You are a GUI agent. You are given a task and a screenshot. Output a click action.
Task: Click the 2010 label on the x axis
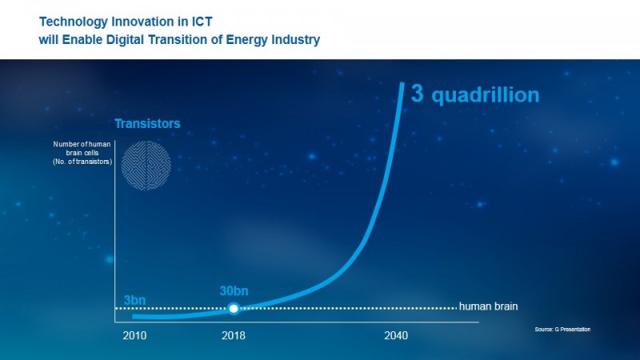click(x=134, y=335)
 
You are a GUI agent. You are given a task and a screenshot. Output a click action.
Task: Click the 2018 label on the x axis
click(x=234, y=335)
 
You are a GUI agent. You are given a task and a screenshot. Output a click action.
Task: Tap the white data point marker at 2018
click(x=233, y=308)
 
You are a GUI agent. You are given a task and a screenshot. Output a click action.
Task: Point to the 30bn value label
click(x=233, y=290)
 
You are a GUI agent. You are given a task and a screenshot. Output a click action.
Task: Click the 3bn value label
click(x=134, y=301)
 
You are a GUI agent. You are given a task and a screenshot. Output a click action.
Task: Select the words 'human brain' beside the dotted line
click(x=490, y=306)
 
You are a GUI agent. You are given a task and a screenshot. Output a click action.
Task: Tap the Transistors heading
click(x=147, y=124)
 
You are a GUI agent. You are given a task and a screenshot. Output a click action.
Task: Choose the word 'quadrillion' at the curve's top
click(x=486, y=96)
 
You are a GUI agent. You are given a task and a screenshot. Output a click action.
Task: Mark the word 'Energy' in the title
click(x=243, y=39)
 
